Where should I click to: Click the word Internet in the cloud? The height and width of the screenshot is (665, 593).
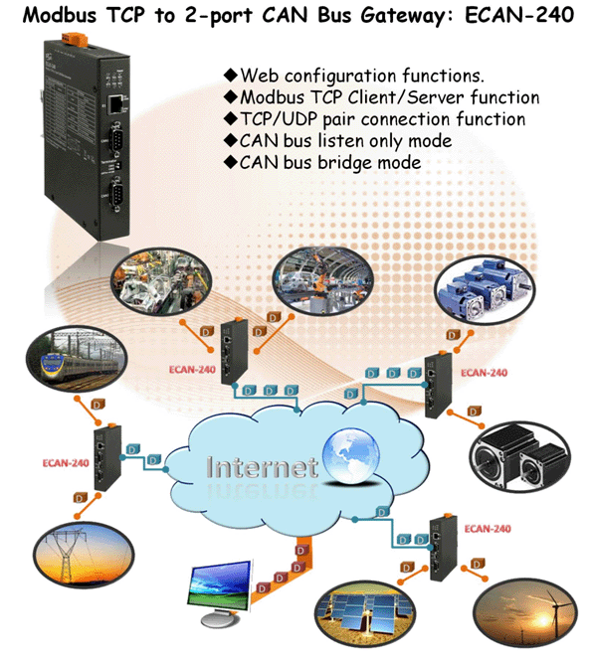tap(262, 467)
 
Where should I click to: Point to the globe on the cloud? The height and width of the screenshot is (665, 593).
tap(350, 456)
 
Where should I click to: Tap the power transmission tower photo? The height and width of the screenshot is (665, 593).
tap(84, 555)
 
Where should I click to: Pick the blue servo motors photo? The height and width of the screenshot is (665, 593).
tap(485, 289)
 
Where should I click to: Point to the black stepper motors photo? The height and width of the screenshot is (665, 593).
tap(519, 457)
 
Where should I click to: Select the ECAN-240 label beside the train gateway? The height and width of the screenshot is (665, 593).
tap(66, 462)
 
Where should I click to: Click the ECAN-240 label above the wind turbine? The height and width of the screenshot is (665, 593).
tap(488, 529)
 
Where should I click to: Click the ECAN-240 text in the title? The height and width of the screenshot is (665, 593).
tap(519, 16)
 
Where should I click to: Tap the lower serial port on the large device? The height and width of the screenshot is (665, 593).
tap(115, 195)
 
